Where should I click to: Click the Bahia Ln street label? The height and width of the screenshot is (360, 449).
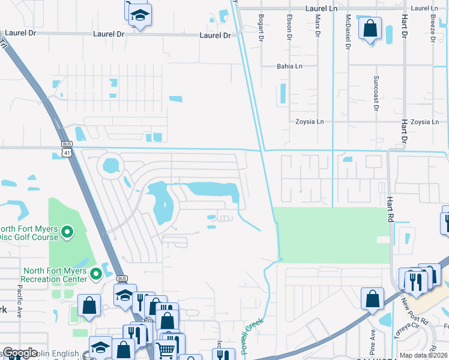coord(289,67)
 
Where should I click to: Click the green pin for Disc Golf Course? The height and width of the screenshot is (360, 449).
coord(67,232)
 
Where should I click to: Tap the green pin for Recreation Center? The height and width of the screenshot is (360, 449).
coord(95,274)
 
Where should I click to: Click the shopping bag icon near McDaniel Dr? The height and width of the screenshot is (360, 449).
coord(370,28)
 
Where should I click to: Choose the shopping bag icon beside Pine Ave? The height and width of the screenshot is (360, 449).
coord(372,298)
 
